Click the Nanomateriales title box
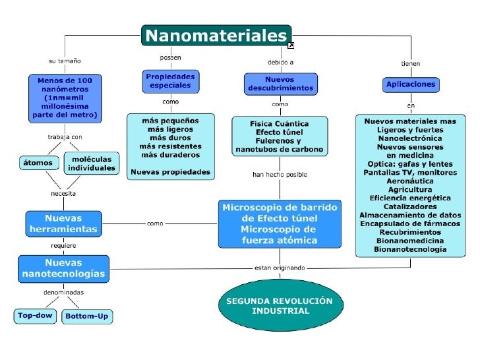[216, 35]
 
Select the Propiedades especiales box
[170, 81]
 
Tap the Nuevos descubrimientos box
[281, 83]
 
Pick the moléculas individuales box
[92, 163]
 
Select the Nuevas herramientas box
[63, 224]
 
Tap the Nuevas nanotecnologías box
[63, 268]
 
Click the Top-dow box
[36, 316]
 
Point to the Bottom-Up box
[86, 316]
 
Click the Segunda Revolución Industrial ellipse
[280, 306]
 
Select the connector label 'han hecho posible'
[280, 175]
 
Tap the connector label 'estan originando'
[280, 268]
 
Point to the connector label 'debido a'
[280, 62]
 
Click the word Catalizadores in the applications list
[409, 206]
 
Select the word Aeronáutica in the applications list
[409, 181]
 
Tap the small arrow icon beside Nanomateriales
[291, 45]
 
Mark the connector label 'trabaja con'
[65, 137]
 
